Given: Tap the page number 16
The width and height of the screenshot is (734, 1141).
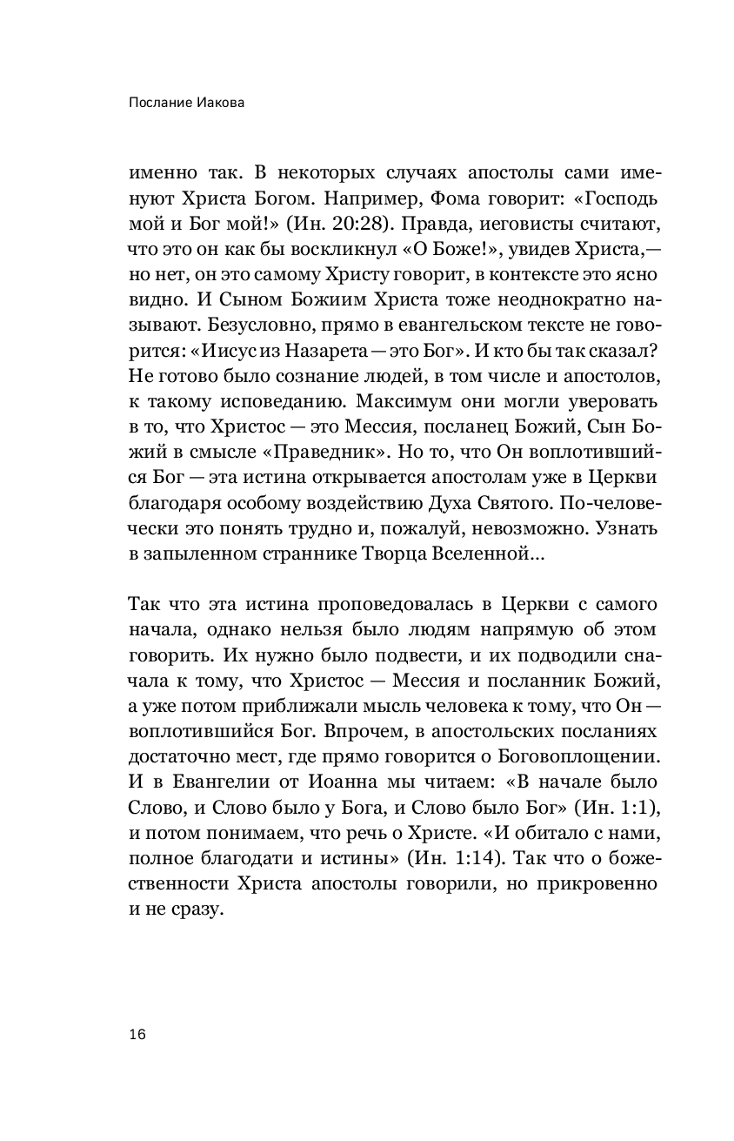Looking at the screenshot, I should pos(137,1034).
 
